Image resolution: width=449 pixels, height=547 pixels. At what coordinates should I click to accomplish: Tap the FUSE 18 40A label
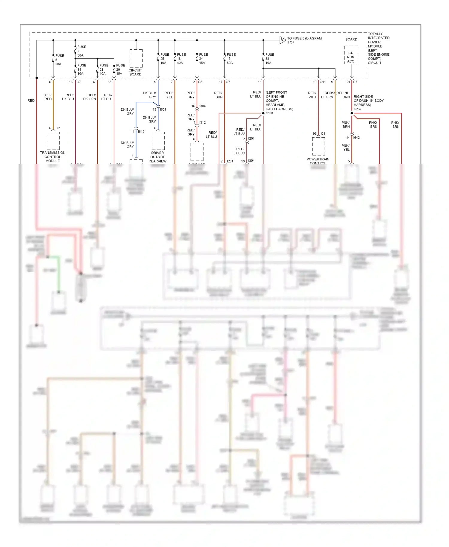181,59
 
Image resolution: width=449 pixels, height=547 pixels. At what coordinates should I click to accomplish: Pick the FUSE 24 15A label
203,59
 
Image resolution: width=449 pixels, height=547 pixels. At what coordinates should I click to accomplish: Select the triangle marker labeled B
282,40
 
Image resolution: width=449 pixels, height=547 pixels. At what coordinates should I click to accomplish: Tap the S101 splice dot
263,113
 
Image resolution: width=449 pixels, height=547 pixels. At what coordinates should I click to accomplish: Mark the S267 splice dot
352,113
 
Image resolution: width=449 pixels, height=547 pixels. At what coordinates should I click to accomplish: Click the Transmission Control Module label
53,157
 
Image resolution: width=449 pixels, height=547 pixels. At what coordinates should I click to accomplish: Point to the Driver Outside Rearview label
158,157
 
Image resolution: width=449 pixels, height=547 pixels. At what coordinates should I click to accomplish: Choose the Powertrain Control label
318,161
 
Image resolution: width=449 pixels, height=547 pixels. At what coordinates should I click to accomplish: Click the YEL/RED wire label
48,97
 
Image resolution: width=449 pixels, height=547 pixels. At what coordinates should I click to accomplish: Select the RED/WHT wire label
312,95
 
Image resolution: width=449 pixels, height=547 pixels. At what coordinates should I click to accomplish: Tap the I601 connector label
163,110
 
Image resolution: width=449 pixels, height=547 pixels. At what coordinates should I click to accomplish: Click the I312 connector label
202,123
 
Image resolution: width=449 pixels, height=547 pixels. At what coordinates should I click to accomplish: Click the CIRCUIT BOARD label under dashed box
135,72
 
